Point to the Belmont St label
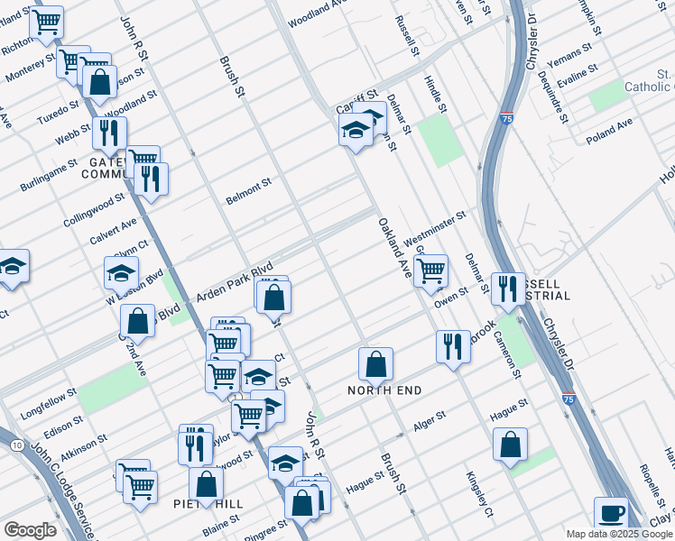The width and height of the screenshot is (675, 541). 249,191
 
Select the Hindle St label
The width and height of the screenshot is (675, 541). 436,94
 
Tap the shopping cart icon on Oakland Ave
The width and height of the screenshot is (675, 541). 431,270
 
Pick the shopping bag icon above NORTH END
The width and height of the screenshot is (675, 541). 375,365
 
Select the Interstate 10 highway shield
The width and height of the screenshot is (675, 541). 17,445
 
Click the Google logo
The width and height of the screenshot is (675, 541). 30,530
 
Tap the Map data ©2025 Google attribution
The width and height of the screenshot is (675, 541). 620,534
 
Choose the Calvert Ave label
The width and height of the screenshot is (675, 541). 113,231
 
